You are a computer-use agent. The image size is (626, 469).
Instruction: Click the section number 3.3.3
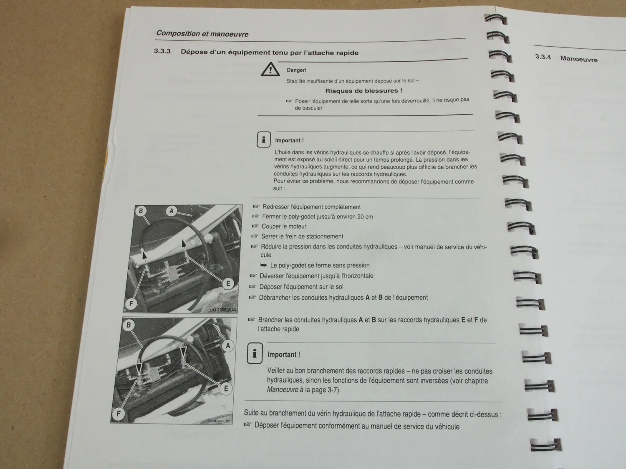(x=162, y=51)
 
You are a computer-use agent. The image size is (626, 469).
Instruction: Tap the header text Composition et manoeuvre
(x=202, y=34)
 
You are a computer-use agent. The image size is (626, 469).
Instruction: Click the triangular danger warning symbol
(x=270, y=69)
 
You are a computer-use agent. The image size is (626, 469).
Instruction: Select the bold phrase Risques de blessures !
(x=363, y=90)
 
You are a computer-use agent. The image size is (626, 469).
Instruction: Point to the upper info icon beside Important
(x=263, y=140)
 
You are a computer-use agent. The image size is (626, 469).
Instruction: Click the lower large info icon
(x=255, y=353)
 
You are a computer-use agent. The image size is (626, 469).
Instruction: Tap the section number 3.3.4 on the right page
(x=543, y=57)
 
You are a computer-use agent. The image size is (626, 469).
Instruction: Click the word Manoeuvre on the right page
(x=579, y=59)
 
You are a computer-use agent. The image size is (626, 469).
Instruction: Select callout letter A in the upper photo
(x=172, y=211)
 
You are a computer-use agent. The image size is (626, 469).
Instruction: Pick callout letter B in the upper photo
(x=141, y=211)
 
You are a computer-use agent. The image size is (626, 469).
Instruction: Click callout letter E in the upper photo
(x=228, y=284)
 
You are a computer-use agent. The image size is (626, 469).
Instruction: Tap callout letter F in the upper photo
(x=131, y=304)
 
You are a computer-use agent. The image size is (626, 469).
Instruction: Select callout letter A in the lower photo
(x=228, y=346)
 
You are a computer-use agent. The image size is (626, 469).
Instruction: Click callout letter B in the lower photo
(x=129, y=325)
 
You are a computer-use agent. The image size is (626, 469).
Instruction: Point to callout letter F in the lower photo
(x=119, y=414)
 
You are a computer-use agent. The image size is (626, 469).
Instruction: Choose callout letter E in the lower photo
(x=226, y=389)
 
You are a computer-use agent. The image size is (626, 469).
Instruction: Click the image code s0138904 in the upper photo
(x=223, y=309)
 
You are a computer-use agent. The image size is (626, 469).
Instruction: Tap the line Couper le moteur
(x=284, y=226)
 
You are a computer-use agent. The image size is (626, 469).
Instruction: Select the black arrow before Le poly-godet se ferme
(x=264, y=265)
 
